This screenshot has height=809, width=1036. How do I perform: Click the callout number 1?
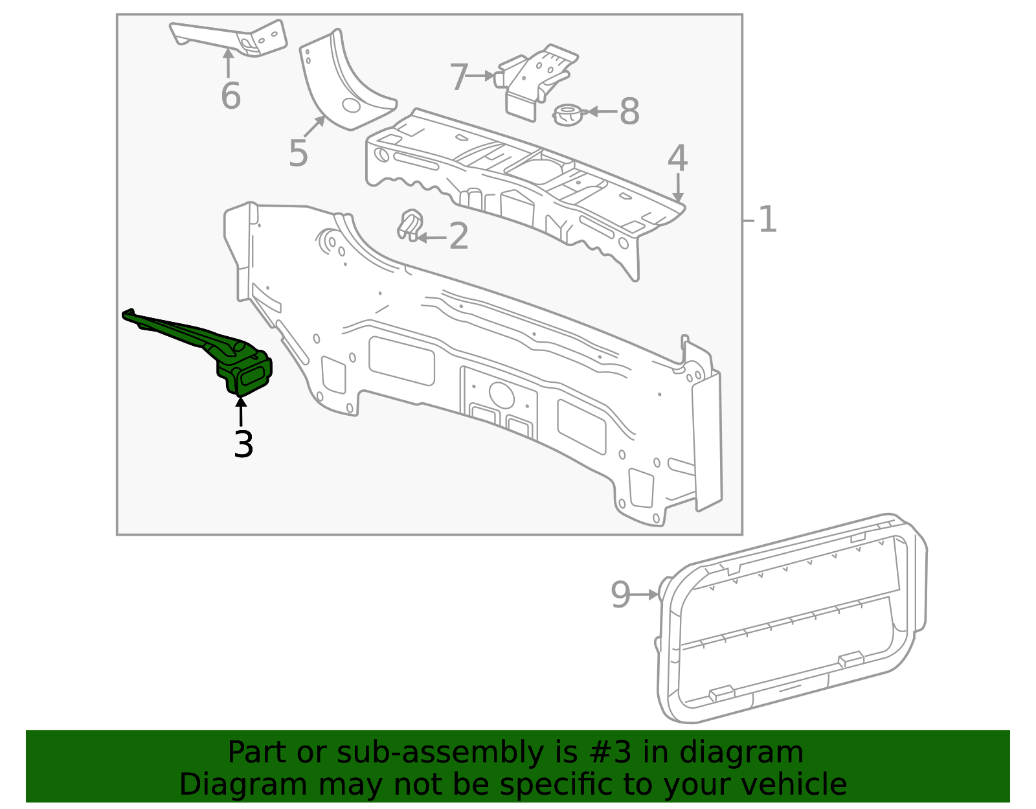coord(767,220)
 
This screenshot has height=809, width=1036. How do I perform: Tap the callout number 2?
coord(458,237)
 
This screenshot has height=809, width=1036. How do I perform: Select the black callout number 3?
coord(243,445)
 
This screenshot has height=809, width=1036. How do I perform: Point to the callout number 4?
coord(677,159)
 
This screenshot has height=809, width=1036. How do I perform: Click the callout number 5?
coord(298,154)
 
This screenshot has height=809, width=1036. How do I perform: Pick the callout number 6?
coord(231,97)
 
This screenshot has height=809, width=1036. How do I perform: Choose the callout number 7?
coord(458,78)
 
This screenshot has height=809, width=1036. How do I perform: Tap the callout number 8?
coord(629,112)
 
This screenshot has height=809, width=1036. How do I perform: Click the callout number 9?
coord(620,595)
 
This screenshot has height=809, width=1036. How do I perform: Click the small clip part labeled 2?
coord(410,224)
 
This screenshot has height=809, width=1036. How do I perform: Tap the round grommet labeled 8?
coord(568,115)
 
